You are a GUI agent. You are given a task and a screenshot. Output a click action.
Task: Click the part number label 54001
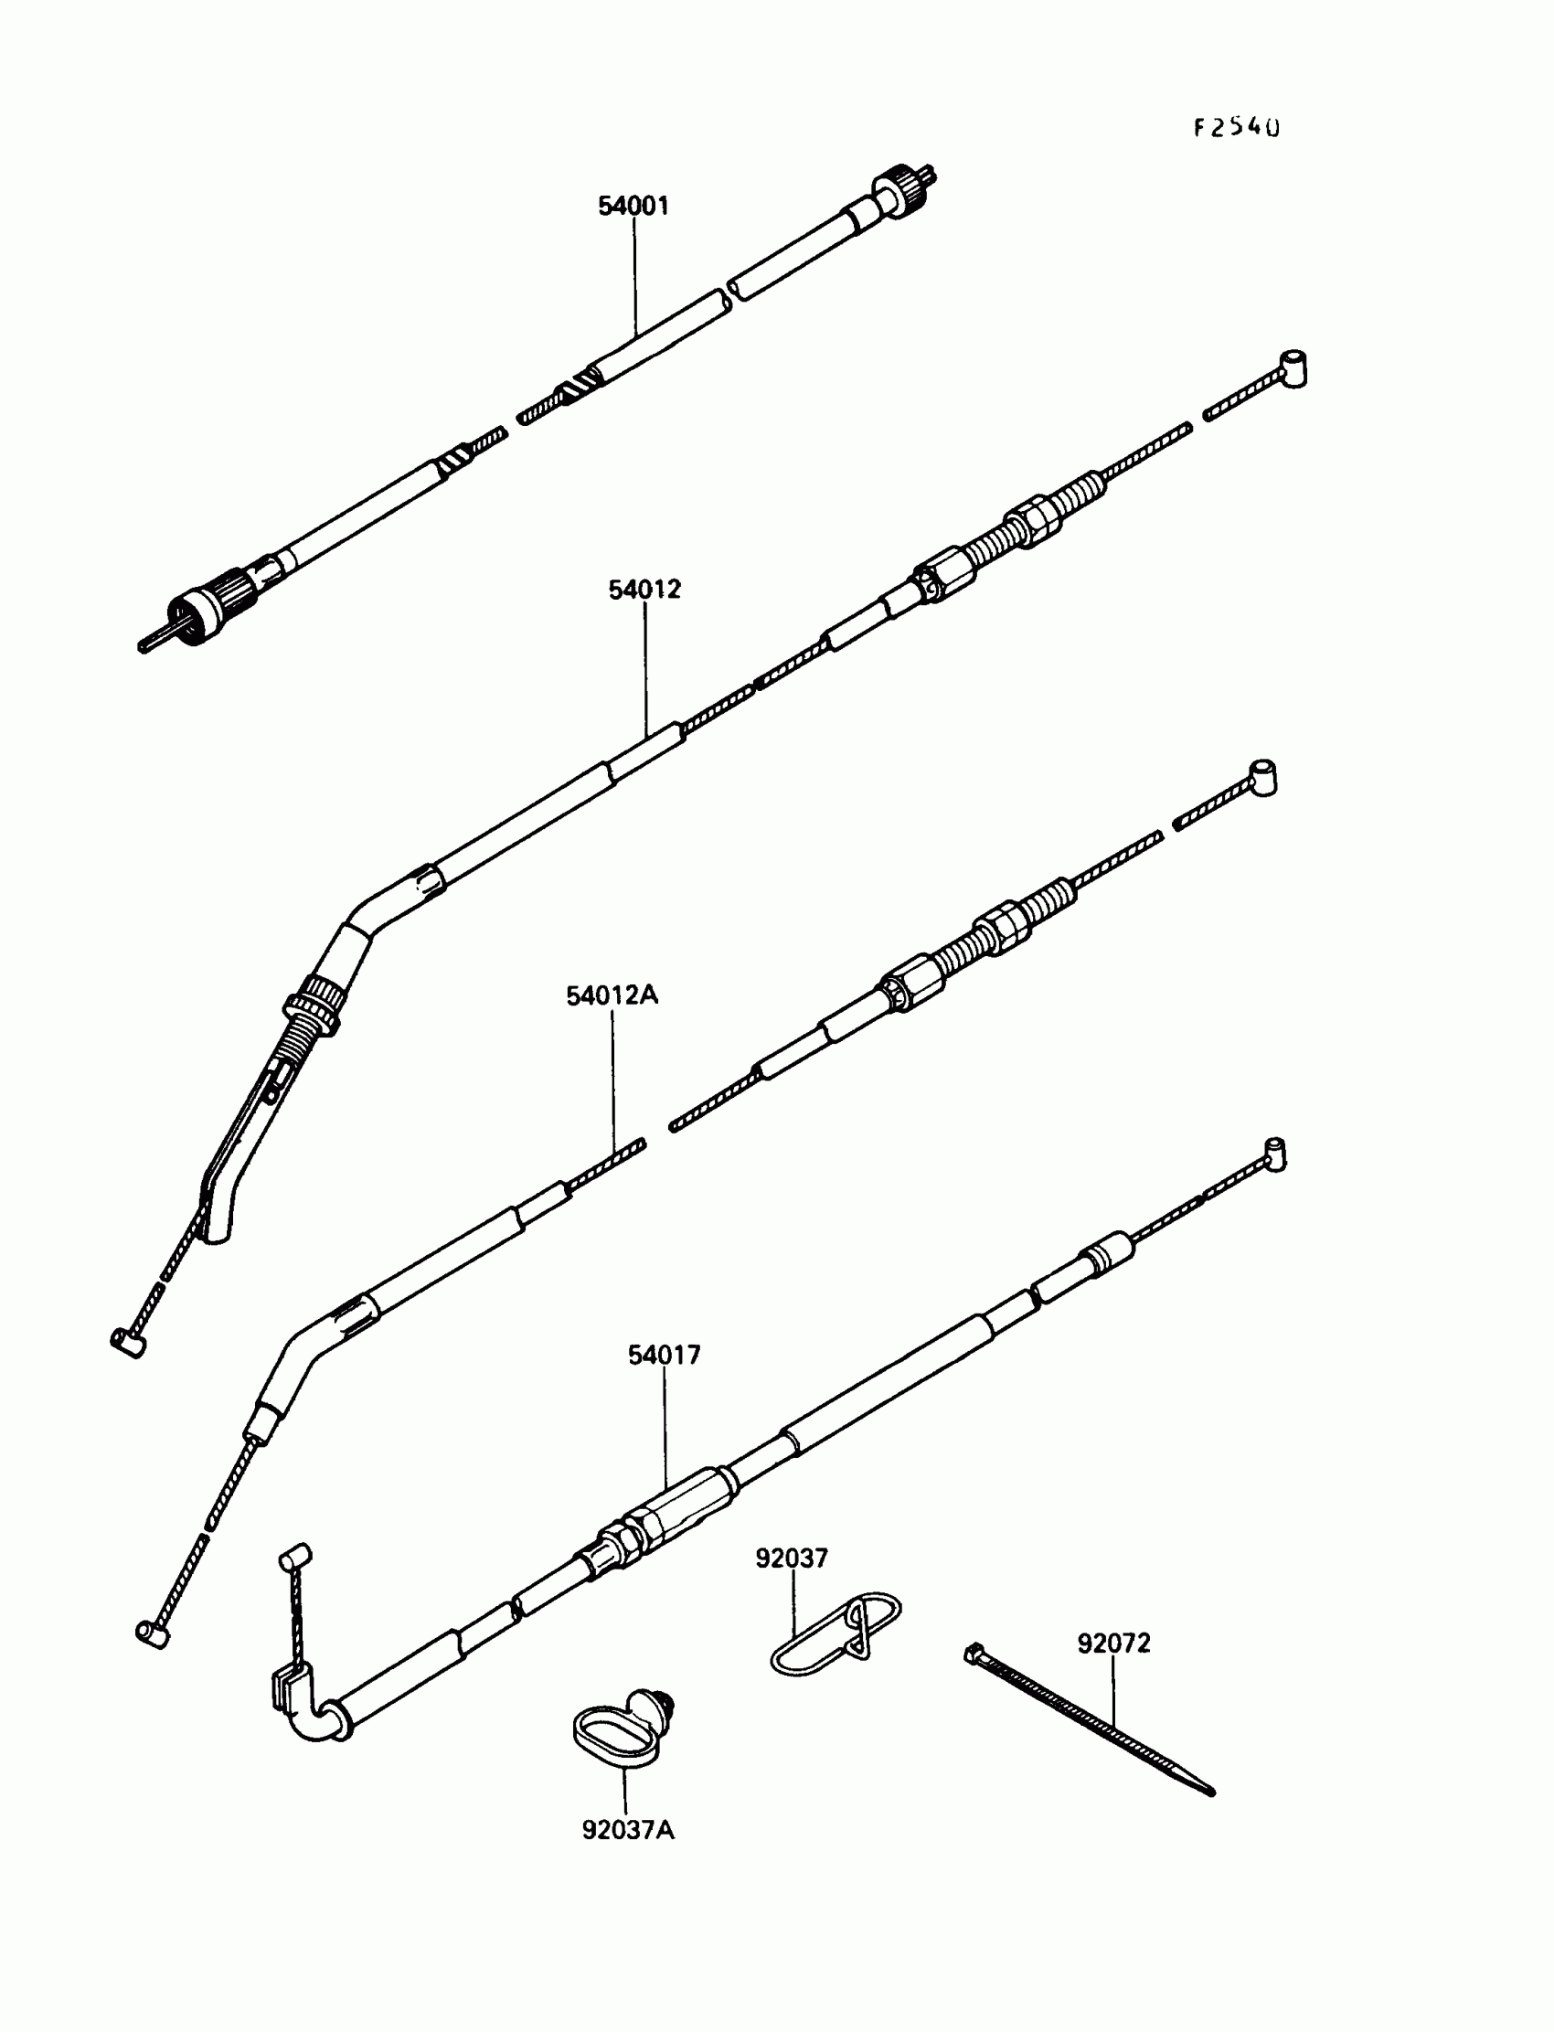(633, 207)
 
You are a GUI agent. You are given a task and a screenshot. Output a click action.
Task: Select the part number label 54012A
(612, 996)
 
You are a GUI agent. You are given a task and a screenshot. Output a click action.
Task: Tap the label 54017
(665, 1355)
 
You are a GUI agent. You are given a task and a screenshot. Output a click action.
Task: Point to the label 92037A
(628, 1830)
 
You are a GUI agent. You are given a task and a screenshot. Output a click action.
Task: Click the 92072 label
(1113, 1644)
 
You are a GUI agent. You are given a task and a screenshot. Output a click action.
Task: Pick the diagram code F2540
(1236, 128)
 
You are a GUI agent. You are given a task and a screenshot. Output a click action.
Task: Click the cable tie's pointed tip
(1210, 1792)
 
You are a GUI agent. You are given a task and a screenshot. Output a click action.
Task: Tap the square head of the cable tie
(974, 1652)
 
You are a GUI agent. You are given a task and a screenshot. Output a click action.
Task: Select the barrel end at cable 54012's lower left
(128, 1342)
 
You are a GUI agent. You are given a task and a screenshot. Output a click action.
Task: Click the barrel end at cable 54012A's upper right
(1263, 776)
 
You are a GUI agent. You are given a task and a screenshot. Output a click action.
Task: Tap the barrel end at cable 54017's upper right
(1274, 1154)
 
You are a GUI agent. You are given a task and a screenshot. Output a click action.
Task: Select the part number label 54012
(644, 590)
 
